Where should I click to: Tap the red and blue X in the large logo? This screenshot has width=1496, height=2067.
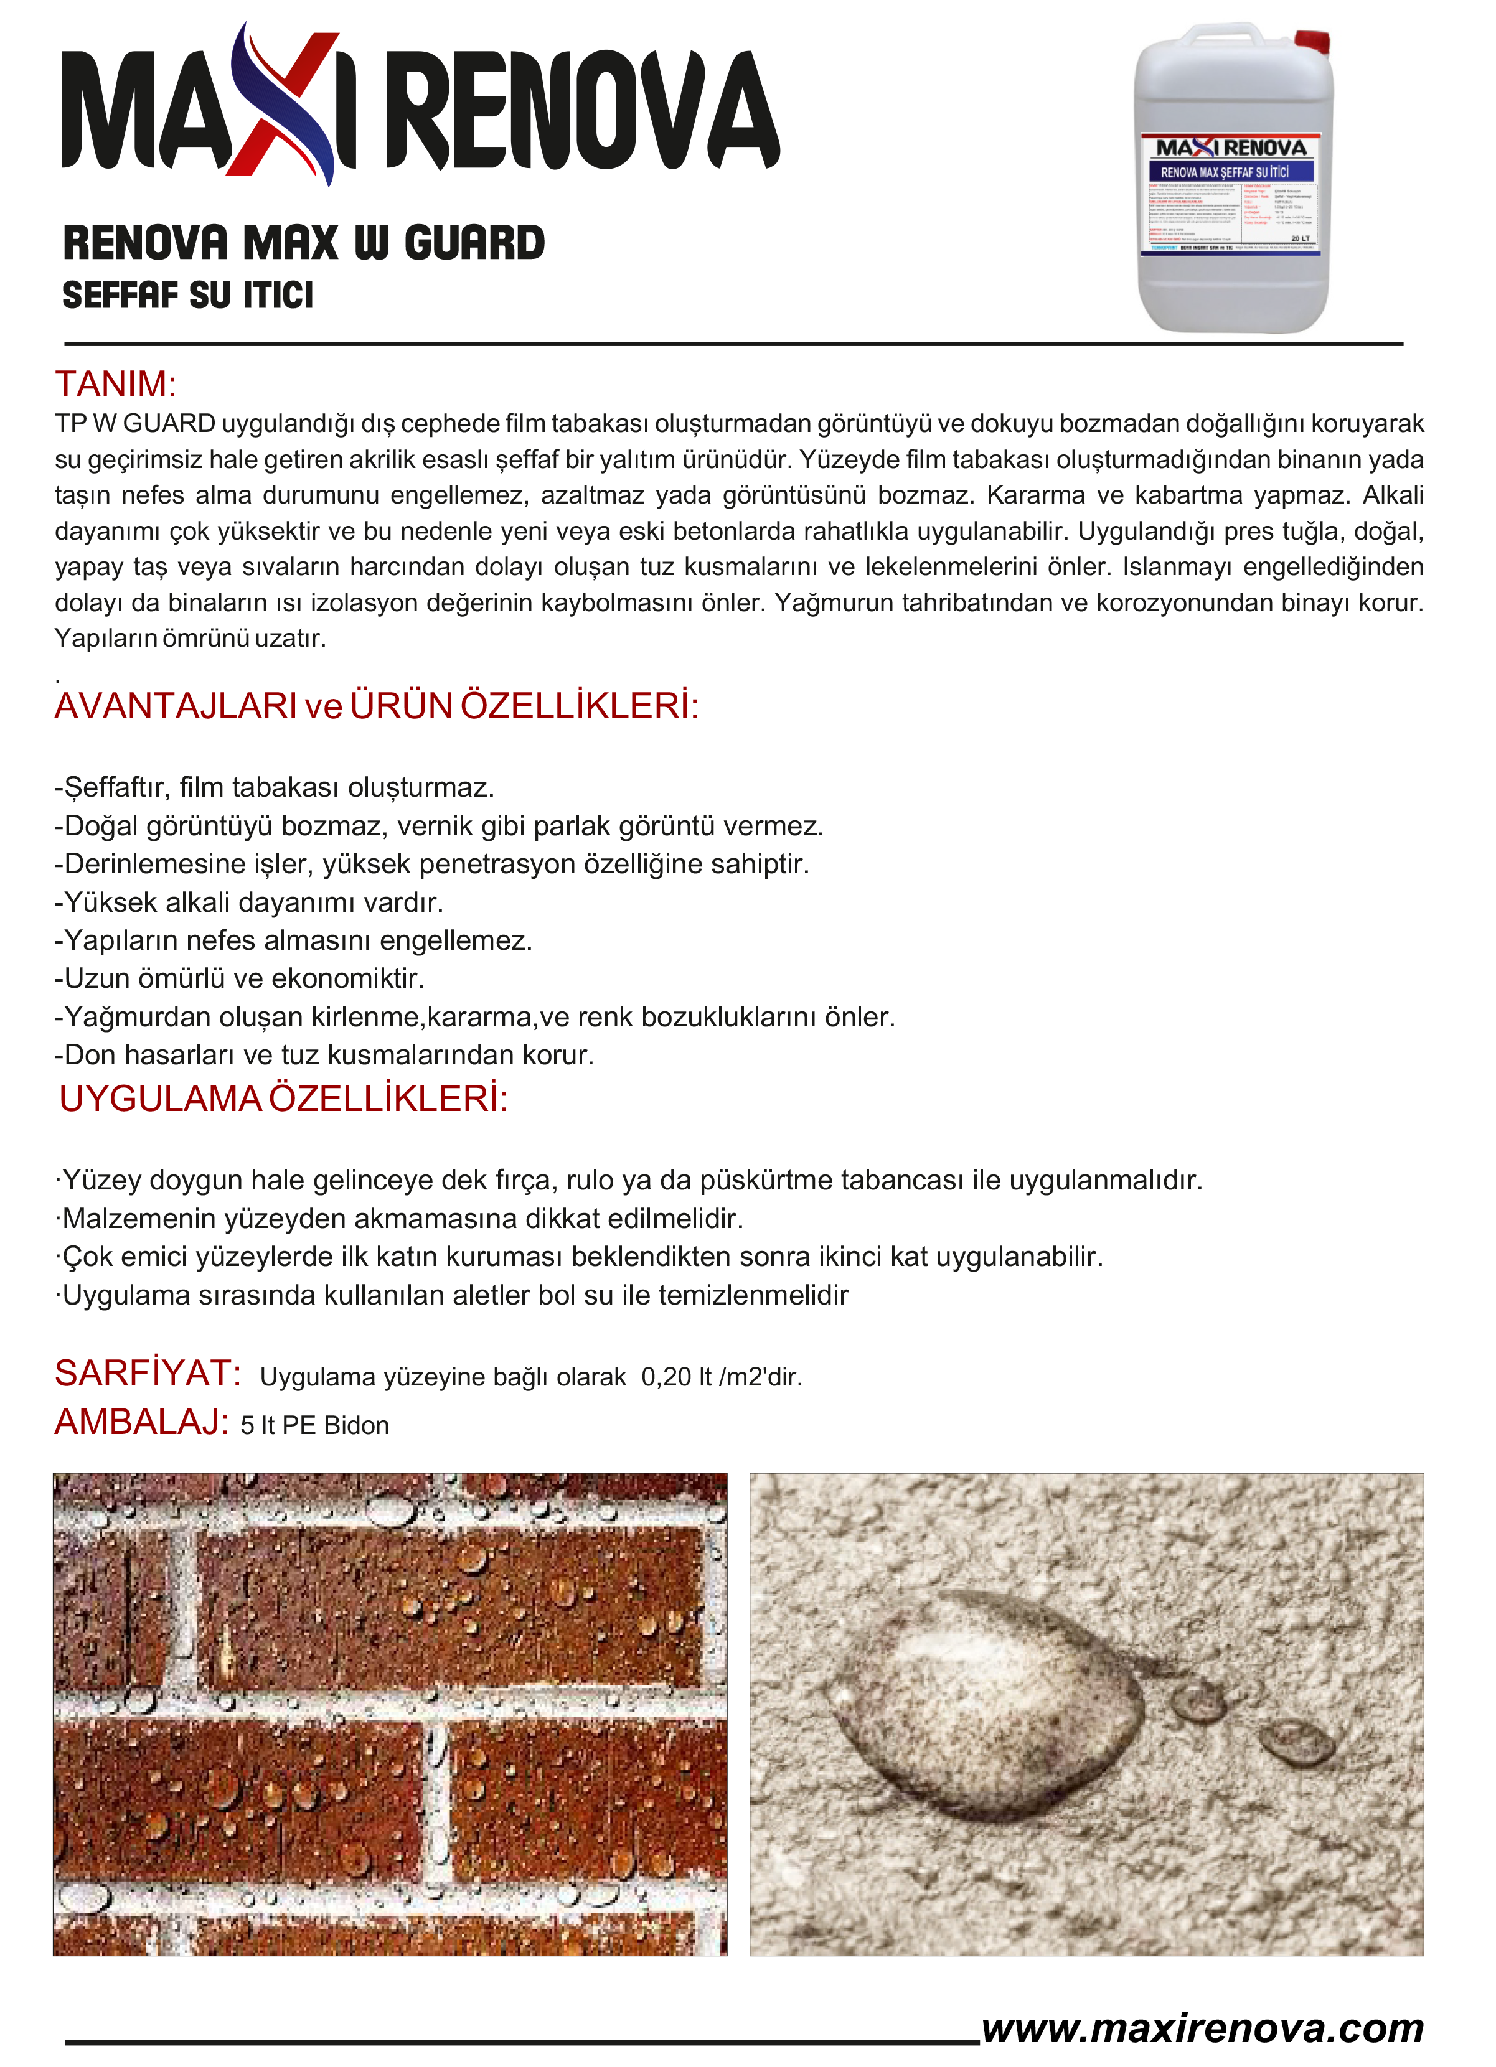pyautogui.click(x=283, y=105)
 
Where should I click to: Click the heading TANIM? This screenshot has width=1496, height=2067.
pyautogui.click(x=116, y=385)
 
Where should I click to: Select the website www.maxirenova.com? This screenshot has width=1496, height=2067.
pyautogui.click(x=1202, y=2028)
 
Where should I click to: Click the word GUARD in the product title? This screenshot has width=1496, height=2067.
pyautogui.click(x=474, y=243)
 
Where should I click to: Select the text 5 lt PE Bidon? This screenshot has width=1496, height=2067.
pyautogui.click(x=314, y=1425)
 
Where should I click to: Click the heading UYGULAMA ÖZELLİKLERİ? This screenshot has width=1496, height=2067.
pyautogui.click(x=283, y=1099)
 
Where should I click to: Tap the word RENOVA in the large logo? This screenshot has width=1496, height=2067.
pyautogui.click(x=583, y=111)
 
